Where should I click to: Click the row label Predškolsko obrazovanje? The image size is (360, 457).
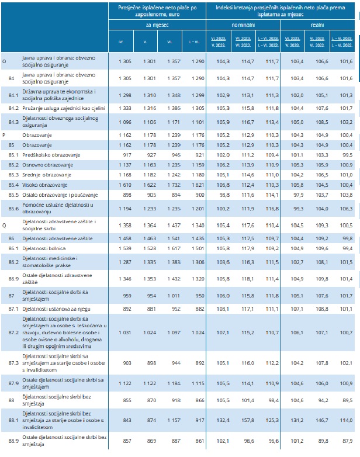coord(47,155)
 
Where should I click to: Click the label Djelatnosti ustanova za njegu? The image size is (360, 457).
coord(56,308)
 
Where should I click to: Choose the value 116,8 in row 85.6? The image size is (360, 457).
coord(272,208)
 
